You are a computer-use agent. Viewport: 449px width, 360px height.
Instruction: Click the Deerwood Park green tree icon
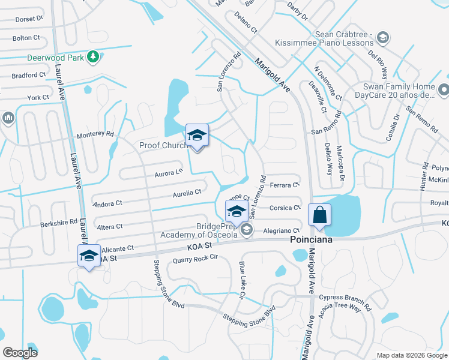tap(93, 57)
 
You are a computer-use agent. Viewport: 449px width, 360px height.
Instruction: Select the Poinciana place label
tap(311, 239)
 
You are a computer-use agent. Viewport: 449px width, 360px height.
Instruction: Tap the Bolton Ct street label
tap(26, 38)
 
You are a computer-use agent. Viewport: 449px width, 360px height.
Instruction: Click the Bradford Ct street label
tap(29, 76)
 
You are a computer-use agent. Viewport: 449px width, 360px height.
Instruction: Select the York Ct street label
tap(38, 97)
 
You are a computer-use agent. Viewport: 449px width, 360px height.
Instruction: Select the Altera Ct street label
tap(109, 227)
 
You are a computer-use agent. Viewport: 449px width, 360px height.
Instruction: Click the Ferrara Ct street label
tap(285, 185)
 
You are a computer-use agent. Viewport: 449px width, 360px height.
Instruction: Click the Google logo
tap(20, 352)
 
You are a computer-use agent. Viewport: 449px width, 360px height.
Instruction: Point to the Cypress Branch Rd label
tap(345, 297)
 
